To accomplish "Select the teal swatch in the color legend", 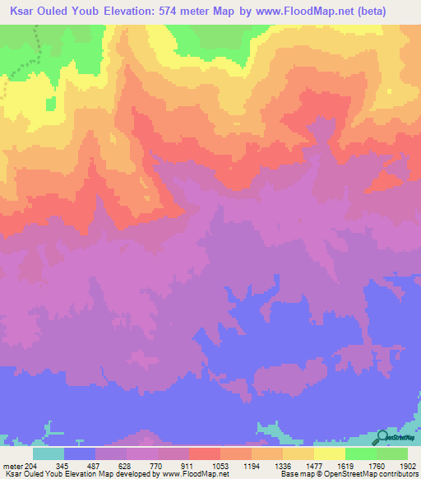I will point(49,453).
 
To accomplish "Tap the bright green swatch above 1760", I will point(361,453).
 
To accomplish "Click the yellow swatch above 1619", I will point(330,453).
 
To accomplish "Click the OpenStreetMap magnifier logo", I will point(383,437).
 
